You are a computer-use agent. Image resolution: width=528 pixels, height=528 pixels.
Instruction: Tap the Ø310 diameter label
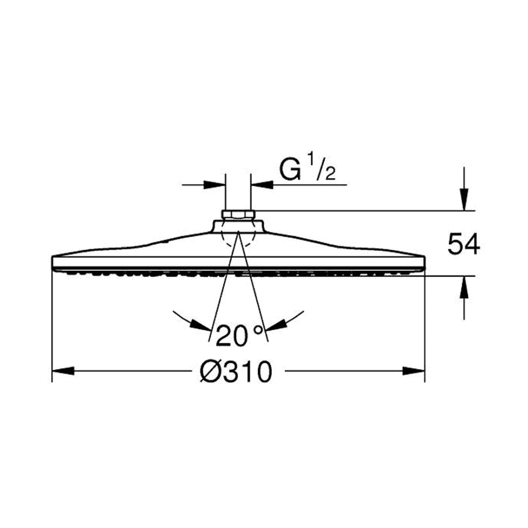(x=235, y=372)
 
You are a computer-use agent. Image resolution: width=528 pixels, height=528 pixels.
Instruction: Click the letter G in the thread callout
(x=290, y=171)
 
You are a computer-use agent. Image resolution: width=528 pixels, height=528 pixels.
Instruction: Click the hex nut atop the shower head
(x=238, y=214)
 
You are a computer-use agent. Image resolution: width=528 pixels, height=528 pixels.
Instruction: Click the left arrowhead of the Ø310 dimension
(x=63, y=371)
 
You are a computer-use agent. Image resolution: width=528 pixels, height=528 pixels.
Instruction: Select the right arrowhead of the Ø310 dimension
(x=414, y=371)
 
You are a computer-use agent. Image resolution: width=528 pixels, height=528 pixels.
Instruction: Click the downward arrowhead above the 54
(x=464, y=200)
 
